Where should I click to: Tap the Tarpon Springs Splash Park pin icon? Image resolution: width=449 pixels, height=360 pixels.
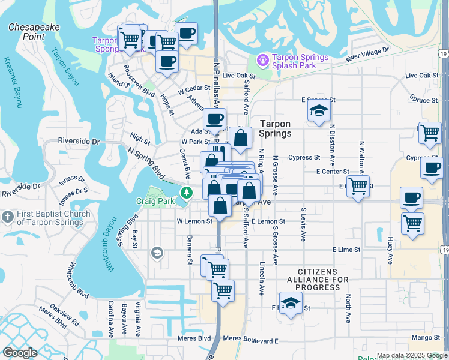[262, 60]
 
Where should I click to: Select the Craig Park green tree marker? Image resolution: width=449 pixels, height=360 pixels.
[187, 193]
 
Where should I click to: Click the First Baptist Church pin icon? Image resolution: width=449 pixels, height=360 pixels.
[7, 216]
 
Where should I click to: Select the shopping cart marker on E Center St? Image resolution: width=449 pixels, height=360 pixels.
[358, 186]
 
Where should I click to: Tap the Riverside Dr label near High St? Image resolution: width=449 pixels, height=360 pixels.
[79, 142]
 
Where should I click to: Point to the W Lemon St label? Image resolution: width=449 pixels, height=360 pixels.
[194, 221]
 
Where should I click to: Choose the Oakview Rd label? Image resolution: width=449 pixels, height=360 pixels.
[64, 316]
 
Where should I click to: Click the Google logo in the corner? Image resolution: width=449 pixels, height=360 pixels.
[20, 353]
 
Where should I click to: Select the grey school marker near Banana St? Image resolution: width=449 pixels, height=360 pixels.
[157, 253]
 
